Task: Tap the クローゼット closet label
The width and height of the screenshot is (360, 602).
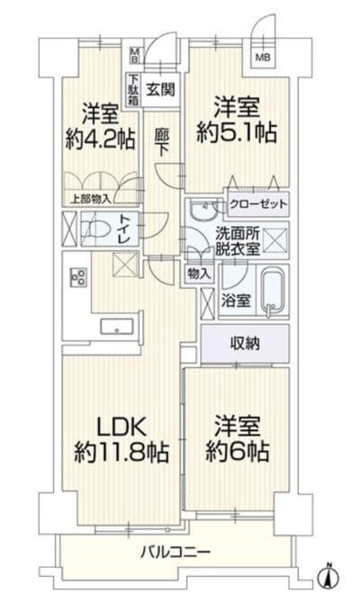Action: (257, 204)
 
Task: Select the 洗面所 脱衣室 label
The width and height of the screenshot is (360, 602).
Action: (237, 241)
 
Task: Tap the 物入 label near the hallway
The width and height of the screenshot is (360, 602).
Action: (198, 272)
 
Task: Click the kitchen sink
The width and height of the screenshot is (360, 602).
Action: (117, 325)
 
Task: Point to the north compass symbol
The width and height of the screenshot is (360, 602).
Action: (328, 575)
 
